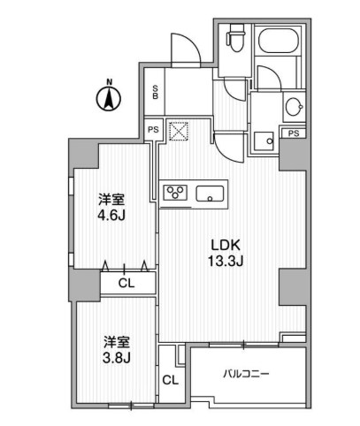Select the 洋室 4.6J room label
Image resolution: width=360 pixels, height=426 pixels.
111,207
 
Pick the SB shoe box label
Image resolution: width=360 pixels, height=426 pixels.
155,91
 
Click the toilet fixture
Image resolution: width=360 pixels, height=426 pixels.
234,41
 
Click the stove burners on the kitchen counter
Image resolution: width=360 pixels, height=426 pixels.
175,193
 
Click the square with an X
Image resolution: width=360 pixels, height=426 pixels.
180,130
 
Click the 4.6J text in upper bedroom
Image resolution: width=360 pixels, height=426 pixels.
111,214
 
